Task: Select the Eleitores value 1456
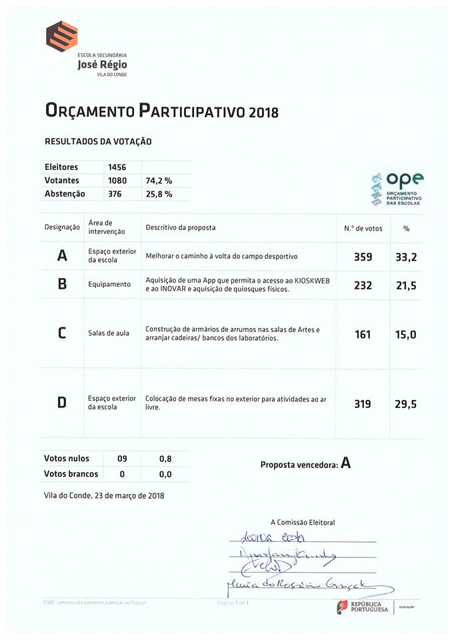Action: [117, 167]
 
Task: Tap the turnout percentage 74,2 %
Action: [159, 181]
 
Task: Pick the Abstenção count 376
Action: [115, 194]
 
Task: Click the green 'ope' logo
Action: [398, 187]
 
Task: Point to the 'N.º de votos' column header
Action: [363, 228]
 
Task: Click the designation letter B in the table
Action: [62, 284]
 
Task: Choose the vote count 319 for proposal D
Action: [363, 404]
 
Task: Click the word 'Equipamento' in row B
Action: [109, 284]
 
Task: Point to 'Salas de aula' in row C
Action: [109, 333]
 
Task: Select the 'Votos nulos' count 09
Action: [122, 459]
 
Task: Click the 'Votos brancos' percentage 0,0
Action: [165, 474]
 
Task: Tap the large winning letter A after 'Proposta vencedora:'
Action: [345, 463]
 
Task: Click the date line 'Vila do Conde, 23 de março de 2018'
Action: [104, 495]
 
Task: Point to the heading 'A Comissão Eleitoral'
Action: [303, 522]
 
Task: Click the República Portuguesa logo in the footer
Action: [363, 606]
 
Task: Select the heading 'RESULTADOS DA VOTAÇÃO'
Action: [98, 141]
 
